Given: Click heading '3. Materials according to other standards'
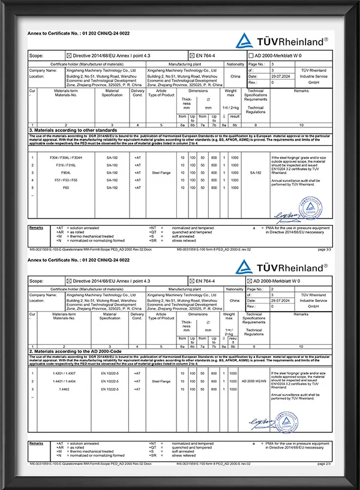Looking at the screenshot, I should [x=73, y=130].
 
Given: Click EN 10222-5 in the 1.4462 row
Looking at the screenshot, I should [x=112, y=389].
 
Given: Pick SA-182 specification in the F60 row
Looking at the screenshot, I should [x=112, y=187].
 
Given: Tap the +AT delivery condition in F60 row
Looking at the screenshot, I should [x=137, y=187].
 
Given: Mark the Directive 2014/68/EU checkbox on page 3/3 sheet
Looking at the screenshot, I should [x=69, y=55].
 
